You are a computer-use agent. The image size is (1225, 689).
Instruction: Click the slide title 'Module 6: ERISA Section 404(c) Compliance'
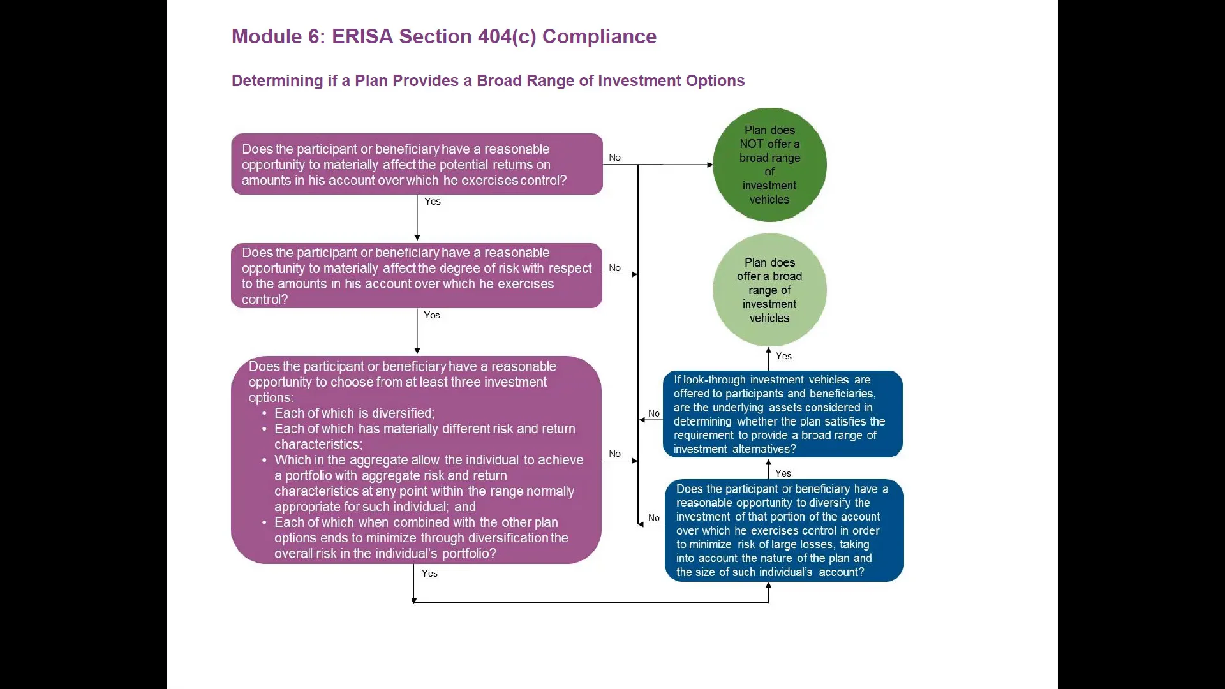[443, 36]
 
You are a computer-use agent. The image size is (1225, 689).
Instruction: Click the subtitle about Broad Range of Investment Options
[487, 81]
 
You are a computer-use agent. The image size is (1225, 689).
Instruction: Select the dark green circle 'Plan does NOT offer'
[769, 165]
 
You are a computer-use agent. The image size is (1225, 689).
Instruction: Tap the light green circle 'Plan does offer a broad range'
[769, 290]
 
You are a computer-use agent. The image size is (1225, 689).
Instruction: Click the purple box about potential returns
[417, 165]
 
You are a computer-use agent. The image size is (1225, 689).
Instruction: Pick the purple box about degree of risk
[417, 276]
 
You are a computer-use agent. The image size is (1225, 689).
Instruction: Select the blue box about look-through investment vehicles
[782, 414]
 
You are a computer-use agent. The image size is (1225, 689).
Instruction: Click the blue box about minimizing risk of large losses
[783, 531]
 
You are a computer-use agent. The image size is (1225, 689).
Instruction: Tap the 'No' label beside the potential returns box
[614, 158]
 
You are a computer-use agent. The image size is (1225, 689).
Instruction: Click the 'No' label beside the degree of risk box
[614, 268]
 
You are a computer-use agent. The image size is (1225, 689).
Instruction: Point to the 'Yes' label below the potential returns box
[433, 202]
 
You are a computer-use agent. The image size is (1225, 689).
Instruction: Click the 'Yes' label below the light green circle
[783, 357]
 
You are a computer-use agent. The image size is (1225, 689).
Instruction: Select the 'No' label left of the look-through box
[654, 413]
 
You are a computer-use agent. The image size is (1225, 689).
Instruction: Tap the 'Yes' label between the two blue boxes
[783, 473]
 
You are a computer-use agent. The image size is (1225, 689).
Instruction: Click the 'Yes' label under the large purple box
[429, 574]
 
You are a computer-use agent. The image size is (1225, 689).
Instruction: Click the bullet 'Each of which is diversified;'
[354, 413]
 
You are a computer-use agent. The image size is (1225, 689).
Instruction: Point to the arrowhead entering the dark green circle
[709, 165]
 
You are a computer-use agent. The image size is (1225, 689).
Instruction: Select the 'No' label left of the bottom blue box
[654, 518]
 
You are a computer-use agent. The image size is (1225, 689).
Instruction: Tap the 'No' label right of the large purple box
[614, 454]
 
